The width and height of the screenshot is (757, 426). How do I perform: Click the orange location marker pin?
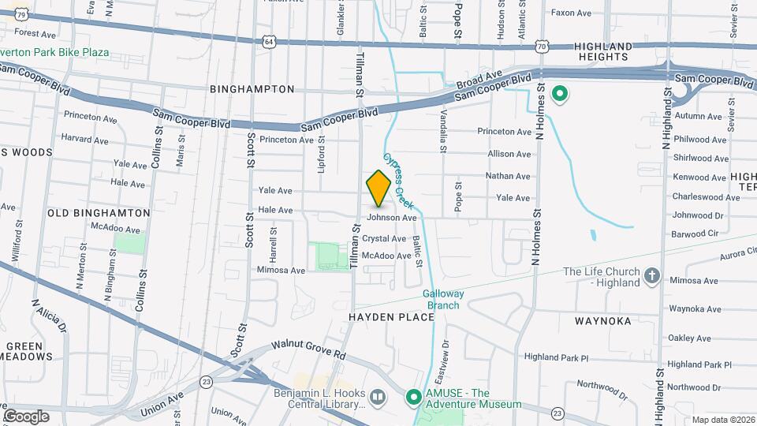(378, 188)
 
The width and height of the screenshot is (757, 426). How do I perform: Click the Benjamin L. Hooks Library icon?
(378, 397)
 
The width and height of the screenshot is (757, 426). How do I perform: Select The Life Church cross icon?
(651, 275)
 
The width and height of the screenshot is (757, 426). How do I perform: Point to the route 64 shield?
(270, 41)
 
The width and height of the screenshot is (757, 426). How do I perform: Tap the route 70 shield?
(541, 47)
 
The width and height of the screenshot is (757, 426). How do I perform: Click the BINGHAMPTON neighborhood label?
(252, 90)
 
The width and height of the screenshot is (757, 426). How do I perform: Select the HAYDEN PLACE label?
(392, 317)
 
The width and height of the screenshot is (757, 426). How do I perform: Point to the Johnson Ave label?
(392, 217)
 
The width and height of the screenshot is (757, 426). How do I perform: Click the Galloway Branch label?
(446, 299)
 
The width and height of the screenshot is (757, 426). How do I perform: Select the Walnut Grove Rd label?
(308, 349)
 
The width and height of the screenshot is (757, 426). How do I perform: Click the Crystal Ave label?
(384, 238)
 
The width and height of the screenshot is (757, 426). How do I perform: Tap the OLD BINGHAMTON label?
(99, 213)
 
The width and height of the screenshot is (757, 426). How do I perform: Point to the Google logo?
(27, 416)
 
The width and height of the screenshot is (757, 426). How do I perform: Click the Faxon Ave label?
(571, 13)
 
